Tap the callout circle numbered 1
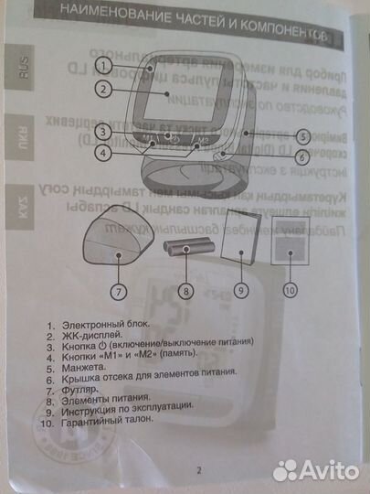[x=106, y=66]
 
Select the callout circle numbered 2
[x=106, y=90]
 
